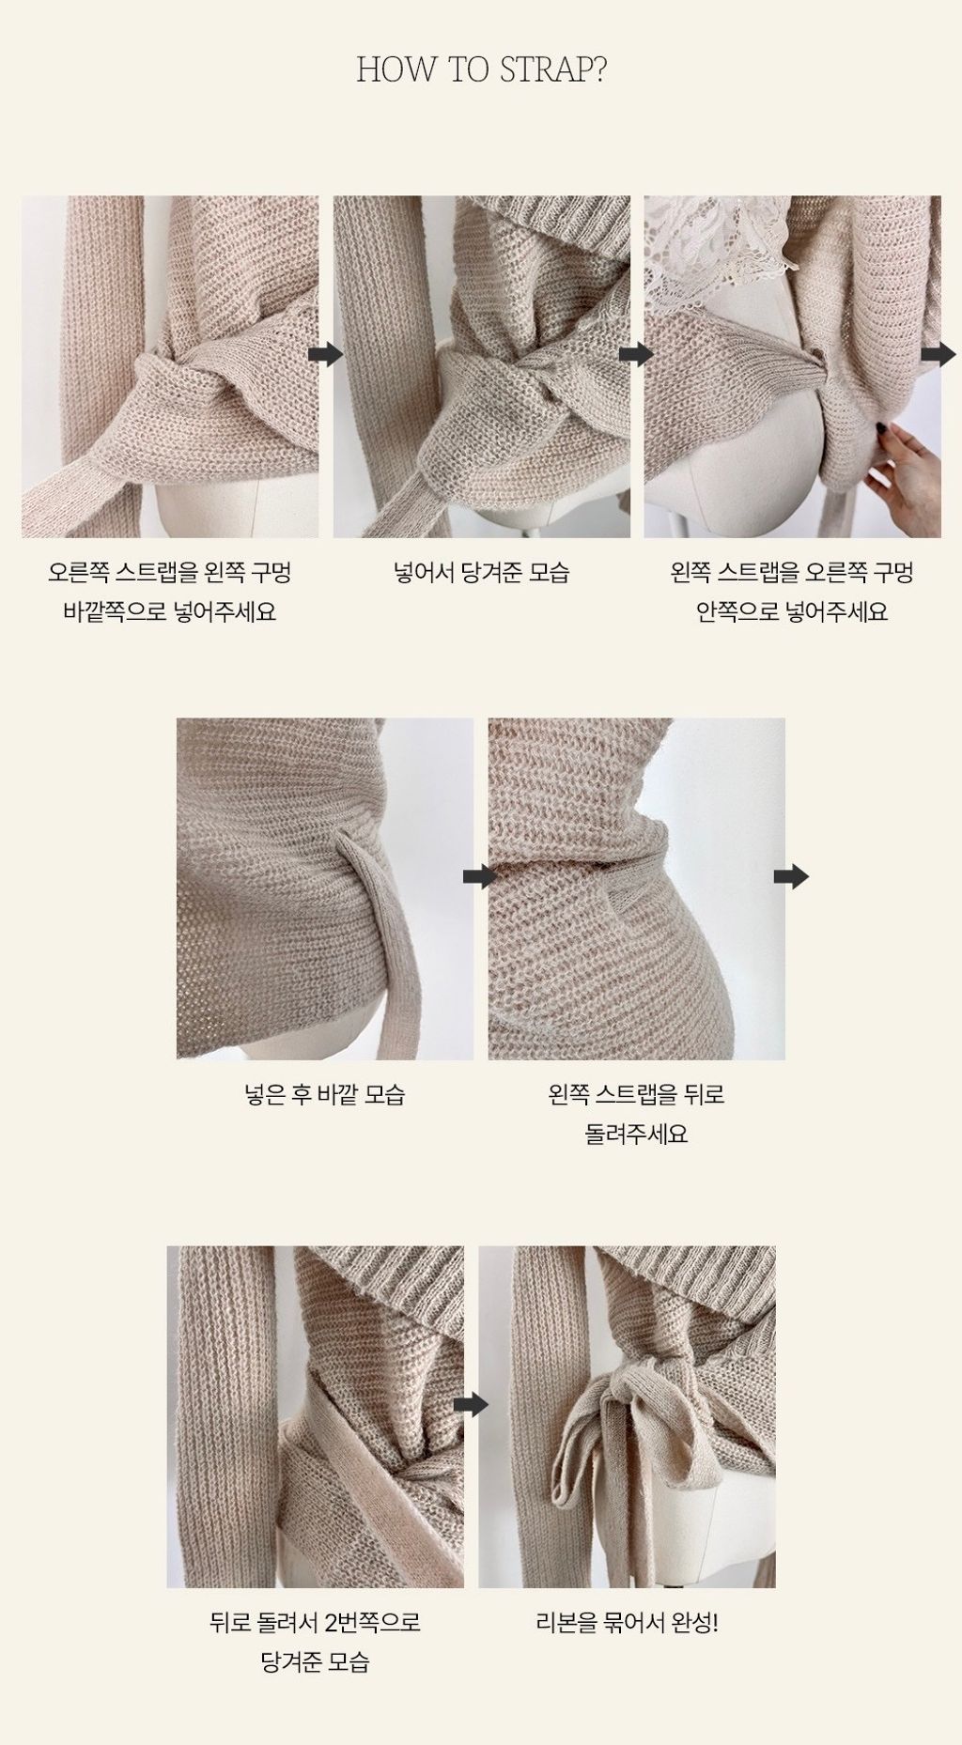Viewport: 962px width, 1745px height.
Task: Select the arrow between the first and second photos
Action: pyautogui.click(x=325, y=354)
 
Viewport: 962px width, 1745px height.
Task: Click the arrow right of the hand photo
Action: pyautogui.click(x=938, y=354)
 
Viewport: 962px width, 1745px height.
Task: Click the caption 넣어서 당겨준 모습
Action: pyautogui.click(x=481, y=572)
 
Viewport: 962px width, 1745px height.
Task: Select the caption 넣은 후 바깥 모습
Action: pyautogui.click(x=325, y=1094)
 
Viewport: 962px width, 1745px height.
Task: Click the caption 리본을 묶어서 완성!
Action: pyautogui.click(x=628, y=1622)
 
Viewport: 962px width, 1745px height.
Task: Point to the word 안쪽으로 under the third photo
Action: pyautogui.click(x=736, y=612)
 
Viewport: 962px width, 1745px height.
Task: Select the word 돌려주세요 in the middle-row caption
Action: pyautogui.click(x=637, y=1134)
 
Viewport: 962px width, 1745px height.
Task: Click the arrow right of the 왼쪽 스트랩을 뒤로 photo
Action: pyautogui.click(x=790, y=876)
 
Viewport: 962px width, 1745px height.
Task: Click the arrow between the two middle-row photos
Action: pyautogui.click(x=480, y=876)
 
